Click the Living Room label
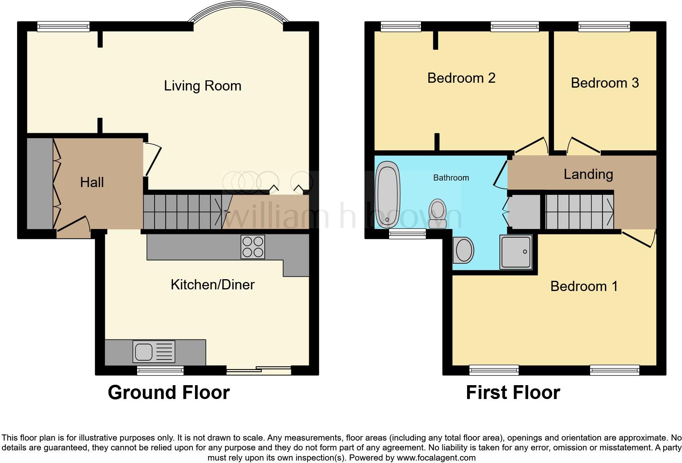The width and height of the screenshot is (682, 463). click(x=202, y=86)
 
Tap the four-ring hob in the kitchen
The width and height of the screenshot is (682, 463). click(x=253, y=247)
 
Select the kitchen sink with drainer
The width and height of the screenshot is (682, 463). click(x=154, y=351)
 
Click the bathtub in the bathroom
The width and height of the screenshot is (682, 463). click(x=388, y=194)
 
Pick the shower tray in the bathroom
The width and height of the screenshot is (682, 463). click(x=516, y=252)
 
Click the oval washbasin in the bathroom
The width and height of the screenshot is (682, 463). click(x=464, y=250)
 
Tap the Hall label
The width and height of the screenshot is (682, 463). click(x=92, y=182)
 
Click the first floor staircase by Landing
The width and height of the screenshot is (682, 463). click(x=579, y=212)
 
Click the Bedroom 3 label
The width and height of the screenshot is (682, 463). click(x=604, y=83)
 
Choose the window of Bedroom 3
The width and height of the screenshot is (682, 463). click(x=604, y=27)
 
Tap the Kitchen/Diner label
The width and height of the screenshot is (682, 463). click(x=213, y=284)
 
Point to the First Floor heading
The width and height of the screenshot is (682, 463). click(x=513, y=392)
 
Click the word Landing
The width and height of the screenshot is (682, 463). click(x=588, y=174)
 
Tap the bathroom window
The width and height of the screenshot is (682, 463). click(x=407, y=233)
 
